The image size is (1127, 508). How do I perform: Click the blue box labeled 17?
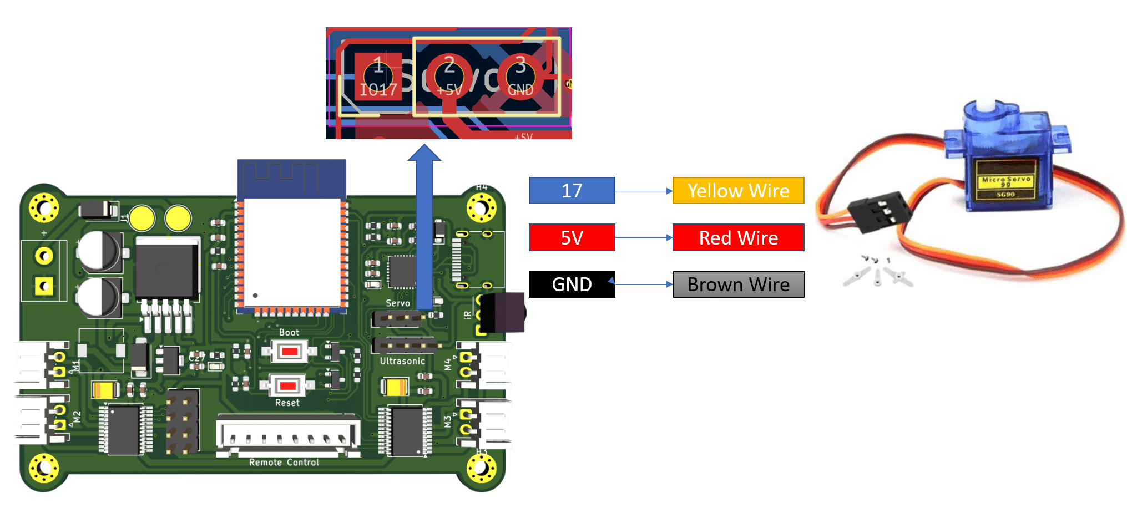572,191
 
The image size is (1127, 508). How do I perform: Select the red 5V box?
572,237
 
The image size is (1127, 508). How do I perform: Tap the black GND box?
572,285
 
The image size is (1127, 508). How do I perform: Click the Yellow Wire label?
738,191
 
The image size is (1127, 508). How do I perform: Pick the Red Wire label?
738,237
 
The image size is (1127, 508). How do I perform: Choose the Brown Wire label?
738,285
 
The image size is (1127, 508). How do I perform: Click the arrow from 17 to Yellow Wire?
644,191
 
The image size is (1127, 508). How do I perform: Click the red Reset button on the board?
287,385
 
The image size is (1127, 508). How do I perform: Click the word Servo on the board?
398,303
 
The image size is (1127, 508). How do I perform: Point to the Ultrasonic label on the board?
402,361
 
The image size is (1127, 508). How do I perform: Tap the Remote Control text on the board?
284,463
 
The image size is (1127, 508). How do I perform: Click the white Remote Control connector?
288,434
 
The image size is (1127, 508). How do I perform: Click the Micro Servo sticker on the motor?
1005,180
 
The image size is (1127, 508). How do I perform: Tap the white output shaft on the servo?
986,104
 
